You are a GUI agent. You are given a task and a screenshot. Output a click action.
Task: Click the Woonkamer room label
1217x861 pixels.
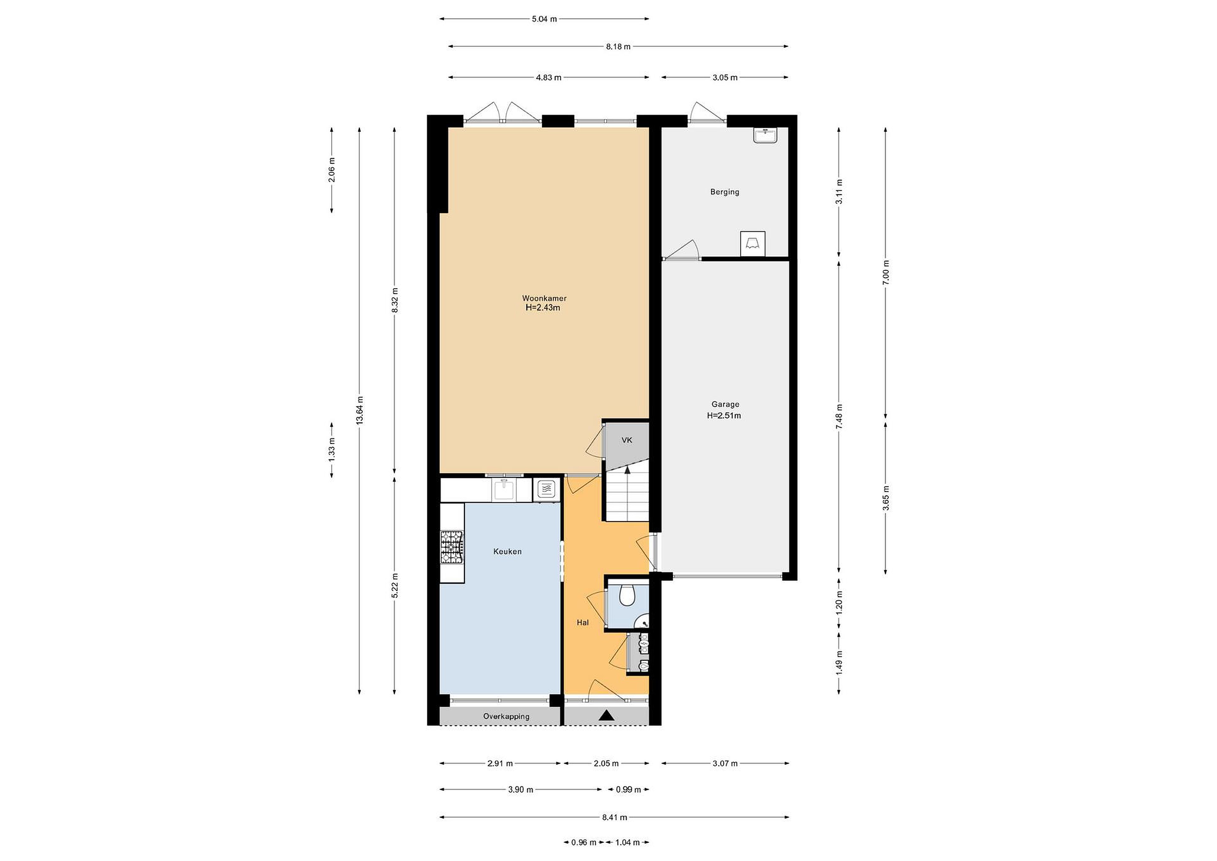[544, 298]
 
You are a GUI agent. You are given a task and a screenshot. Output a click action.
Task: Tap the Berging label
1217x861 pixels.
[725, 192]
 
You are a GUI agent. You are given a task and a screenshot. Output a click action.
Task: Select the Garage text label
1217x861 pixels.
[725, 404]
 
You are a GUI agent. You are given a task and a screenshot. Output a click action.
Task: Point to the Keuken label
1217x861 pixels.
[507, 551]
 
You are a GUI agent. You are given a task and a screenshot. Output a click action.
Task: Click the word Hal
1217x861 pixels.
[583, 623]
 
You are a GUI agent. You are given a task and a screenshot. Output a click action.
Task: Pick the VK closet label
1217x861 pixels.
[627, 440]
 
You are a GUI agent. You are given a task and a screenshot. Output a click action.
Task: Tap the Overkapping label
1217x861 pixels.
[506, 716]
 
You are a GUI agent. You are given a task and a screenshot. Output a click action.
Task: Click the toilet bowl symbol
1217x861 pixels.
[627, 595]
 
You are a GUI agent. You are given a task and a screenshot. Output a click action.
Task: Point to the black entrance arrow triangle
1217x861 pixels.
[607, 716]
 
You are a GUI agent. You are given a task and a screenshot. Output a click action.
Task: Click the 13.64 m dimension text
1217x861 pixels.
[360, 410]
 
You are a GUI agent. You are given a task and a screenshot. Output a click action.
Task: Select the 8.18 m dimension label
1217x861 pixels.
[619, 46]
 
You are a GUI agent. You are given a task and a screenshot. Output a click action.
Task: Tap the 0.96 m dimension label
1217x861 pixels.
[584, 842]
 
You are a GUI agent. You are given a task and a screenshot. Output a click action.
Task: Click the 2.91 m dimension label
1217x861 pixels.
[500, 763]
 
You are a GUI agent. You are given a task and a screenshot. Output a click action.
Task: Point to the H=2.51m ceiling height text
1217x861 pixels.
[724, 415]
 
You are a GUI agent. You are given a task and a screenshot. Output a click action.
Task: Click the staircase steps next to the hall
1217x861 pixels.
[628, 496]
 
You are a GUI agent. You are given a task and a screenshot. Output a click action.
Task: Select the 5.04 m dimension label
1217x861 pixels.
[544, 19]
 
